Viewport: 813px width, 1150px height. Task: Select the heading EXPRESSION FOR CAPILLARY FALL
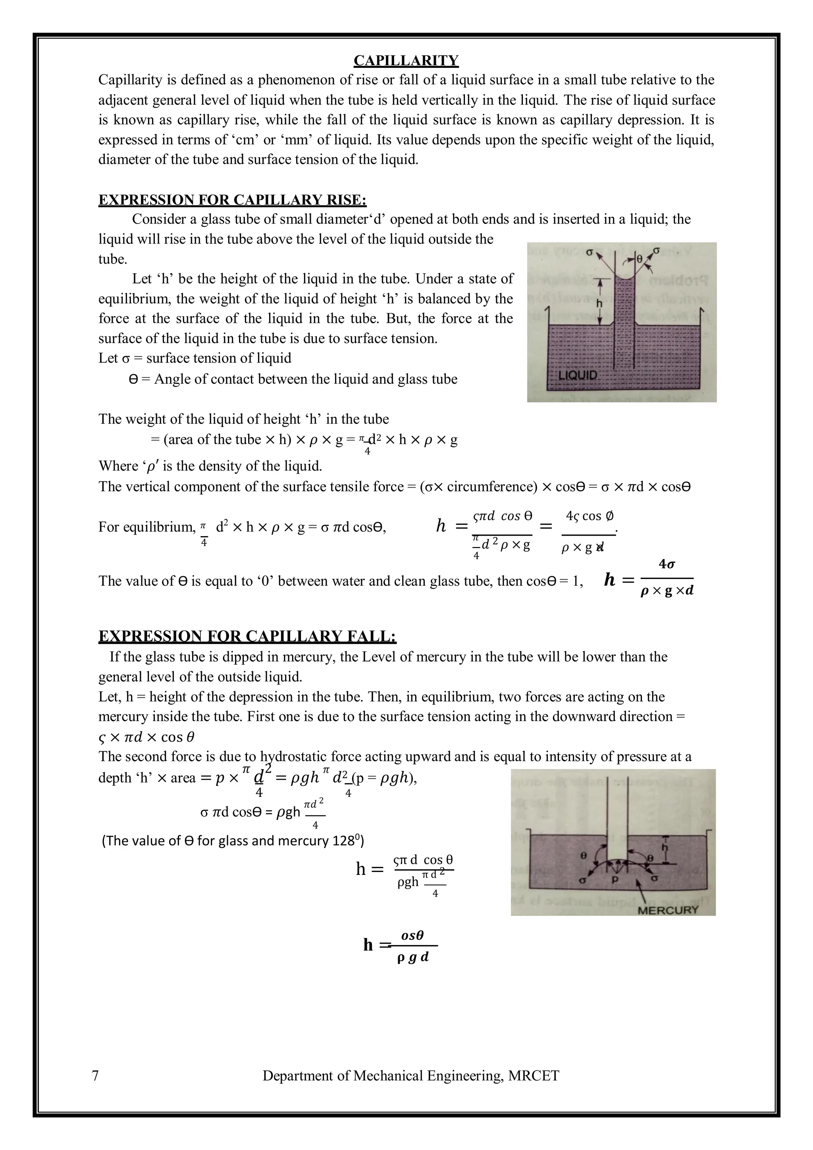(x=247, y=636)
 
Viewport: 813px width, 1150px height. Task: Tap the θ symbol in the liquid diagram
(x=639, y=259)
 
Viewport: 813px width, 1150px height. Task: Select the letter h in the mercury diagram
(x=665, y=847)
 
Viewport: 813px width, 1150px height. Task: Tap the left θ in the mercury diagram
(x=583, y=856)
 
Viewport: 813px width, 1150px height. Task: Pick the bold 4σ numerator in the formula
(x=667, y=564)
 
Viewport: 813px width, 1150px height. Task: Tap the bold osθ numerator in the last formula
(x=412, y=935)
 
